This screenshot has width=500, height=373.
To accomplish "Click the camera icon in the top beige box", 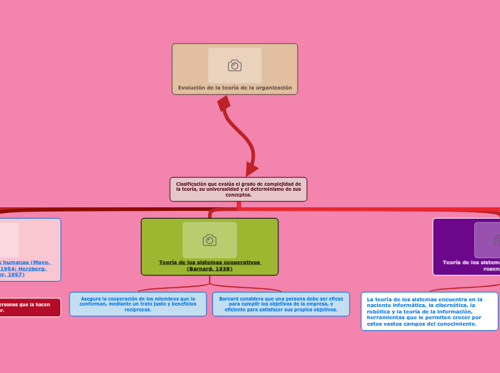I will [x=235, y=66].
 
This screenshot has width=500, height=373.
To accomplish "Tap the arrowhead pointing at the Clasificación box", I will [x=250, y=169].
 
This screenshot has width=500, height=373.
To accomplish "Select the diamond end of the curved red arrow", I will [x=224, y=103].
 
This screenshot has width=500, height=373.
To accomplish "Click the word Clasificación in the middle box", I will [x=192, y=184].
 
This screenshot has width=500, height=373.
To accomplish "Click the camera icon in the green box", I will [x=209, y=240].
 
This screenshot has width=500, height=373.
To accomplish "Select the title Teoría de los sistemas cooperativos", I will [x=209, y=263].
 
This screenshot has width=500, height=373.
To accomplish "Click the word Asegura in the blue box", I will [x=92, y=298].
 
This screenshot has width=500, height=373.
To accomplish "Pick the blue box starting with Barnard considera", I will [x=281, y=304].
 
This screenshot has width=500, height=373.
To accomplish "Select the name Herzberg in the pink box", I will [x=32, y=268].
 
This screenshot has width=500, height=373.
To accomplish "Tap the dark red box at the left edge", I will [x=29, y=308].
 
